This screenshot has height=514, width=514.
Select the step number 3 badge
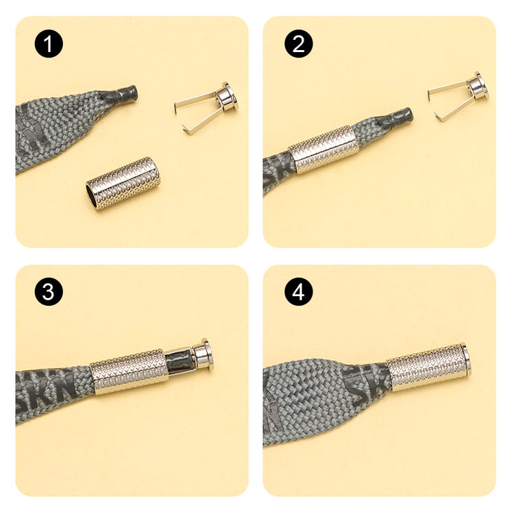49,293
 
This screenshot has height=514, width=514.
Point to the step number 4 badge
298,293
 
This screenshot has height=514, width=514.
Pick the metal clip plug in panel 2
460,96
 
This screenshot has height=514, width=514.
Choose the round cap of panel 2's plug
477,86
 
